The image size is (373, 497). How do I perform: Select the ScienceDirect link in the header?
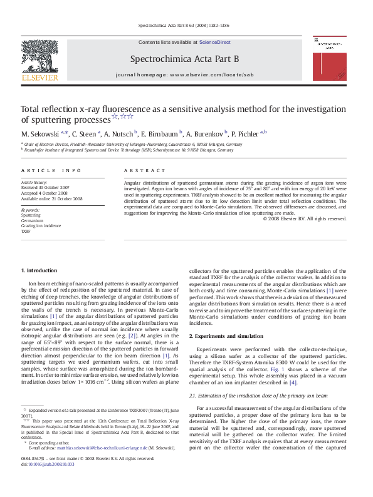(214, 43)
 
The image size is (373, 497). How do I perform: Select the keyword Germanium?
(33, 220)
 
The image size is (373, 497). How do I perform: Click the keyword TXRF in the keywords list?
(26, 231)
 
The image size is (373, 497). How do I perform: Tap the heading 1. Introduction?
(40, 270)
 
